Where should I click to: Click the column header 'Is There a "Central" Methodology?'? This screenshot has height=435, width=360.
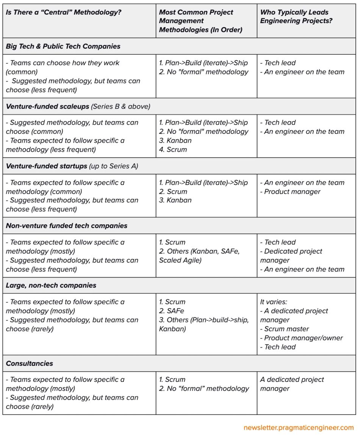64,12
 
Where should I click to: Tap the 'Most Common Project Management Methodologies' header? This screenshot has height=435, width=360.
200,21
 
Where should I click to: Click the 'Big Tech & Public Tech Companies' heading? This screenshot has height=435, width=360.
63,46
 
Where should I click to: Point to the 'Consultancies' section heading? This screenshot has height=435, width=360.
30,363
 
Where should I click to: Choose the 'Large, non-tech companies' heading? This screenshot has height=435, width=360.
51,285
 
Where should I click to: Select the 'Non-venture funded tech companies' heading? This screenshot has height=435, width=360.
67,226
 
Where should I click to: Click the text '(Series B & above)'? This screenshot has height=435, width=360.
121,107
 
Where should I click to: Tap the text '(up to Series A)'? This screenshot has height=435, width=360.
114,166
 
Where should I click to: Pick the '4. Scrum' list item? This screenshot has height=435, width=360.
173,149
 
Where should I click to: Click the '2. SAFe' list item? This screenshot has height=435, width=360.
172,311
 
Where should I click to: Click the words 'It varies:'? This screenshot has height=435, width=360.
274,302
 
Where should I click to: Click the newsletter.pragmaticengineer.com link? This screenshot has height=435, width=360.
299,427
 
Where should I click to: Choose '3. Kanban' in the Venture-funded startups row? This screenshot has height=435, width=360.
175,200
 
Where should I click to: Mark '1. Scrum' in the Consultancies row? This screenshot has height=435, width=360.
172,380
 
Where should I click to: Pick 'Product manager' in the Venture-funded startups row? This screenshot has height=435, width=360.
292,192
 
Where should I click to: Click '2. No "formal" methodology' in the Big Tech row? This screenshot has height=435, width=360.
204,72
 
